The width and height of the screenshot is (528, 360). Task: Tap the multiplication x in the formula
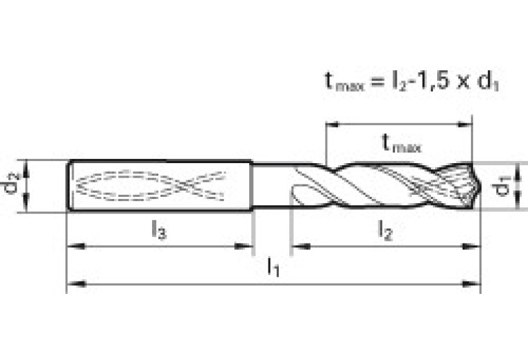click(465, 83)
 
